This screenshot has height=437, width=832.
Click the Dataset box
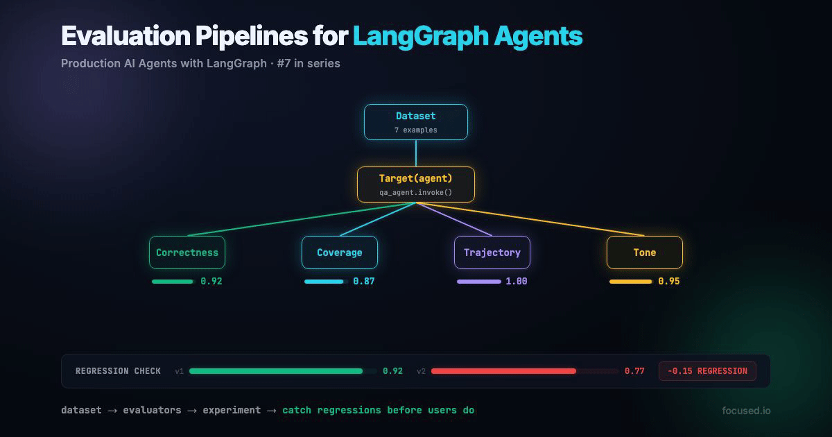click(416, 122)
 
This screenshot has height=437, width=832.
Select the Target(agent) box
click(416, 185)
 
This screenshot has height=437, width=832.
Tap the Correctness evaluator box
click(187, 252)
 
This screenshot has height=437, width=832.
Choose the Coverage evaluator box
click(340, 252)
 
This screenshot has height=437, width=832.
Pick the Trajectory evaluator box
click(492, 252)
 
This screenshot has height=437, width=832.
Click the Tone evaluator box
click(645, 252)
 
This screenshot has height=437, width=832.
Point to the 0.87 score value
click(364, 282)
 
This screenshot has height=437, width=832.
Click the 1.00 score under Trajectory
click(517, 282)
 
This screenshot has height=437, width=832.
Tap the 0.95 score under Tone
click(669, 282)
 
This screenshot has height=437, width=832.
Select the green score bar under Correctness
click(173, 282)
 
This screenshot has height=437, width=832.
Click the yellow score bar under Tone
click(630, 282)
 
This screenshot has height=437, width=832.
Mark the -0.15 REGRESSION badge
click(707, 371)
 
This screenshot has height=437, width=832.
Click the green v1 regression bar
click(275, 371)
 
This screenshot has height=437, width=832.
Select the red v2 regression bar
click(503, 371)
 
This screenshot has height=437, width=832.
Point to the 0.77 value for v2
click(634, 371)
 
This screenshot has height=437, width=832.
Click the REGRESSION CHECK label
click(118, 371)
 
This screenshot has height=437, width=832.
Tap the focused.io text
click(746, 411)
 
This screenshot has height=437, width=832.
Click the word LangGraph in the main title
click(420, 36)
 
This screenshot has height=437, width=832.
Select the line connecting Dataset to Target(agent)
click(416, 153)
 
